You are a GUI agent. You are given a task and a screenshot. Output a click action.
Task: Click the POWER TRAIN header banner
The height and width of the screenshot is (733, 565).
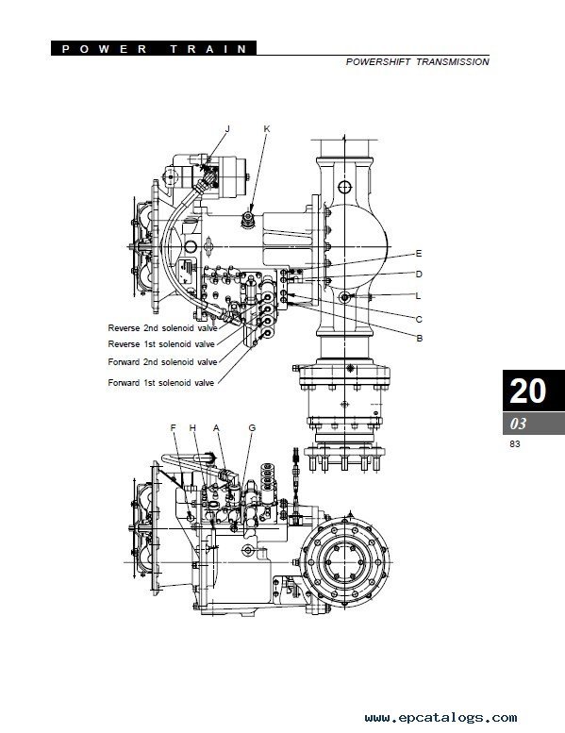click(x=154, y=49)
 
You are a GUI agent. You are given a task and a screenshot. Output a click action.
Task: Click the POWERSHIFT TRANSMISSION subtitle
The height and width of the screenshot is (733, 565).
click(x=417, y=61)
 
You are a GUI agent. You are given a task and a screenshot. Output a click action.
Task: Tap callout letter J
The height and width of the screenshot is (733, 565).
click(x=227, y=129)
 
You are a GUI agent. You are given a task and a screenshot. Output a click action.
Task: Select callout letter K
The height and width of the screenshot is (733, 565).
click(x=267, y=129)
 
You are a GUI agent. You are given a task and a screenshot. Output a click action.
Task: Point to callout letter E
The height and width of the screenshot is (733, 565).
click(x=419, y=254)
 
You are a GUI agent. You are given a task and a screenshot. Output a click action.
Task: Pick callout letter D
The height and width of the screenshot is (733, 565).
click(x=419, y=274)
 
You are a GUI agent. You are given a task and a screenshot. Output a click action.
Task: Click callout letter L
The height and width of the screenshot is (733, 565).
click(x=418, y=295)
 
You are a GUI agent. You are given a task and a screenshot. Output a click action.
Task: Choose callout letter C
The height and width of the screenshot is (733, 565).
click(x=419, y=319)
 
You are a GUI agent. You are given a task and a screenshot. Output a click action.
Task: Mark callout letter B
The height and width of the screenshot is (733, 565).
click(x=419, y=338)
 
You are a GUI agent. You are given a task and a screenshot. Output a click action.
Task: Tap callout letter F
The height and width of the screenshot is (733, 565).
click(x=173, y=427)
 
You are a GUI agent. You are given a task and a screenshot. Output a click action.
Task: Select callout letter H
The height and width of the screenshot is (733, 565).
click(x=192, y=427)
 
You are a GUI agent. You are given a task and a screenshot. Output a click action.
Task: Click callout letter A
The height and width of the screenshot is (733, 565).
click(x=216, y=427)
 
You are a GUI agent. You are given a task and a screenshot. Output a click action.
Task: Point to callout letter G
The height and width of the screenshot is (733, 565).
click(x=252, y=427)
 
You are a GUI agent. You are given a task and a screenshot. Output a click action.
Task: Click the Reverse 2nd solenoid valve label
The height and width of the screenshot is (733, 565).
click(x=162, y=328)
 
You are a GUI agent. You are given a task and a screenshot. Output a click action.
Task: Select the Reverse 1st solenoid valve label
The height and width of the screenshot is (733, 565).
click(x=161, y=344)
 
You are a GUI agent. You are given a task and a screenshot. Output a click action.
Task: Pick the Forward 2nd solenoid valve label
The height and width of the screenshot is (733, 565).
click(x=162, y=362)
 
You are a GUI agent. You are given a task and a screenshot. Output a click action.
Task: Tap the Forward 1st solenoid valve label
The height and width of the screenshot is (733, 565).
click(x=161, y=382)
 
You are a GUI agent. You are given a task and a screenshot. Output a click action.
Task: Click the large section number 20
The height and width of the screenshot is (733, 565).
click(x=527, y=391)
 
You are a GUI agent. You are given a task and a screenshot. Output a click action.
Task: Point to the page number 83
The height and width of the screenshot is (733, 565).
click(x=514, y=444)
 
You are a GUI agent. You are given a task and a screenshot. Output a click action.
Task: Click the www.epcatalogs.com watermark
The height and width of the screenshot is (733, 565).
click(x=440, y=718)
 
